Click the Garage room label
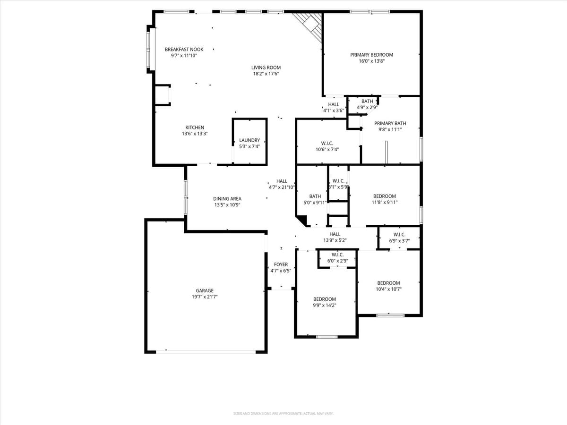[x=205, y=291]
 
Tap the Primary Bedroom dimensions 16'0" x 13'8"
[x=371, y=61]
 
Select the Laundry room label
[x=249, y=140]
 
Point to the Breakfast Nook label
[x=184, y=49]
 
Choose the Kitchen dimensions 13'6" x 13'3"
[x=195, y=134]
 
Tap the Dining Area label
[x=227, y=199]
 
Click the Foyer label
[x=281, y=264]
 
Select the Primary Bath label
[x=390, y=123]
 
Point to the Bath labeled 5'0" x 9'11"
[x=315, y=196]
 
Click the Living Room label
[x=266, y=68]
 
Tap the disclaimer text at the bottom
[x=283, y=414]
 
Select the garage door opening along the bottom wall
[x=206, y=352]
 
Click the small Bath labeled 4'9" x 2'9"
[x=367, y=101]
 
